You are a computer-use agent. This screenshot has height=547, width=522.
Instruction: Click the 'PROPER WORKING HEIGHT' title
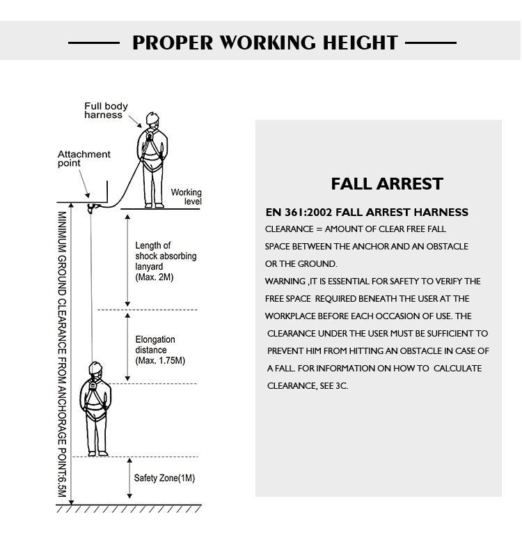(265, 43)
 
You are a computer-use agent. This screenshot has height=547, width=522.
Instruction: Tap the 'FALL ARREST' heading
(387, 184)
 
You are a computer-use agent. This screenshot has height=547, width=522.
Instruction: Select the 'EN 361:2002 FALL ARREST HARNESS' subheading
(367, 212)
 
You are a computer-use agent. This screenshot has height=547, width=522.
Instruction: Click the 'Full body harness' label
(106, 111)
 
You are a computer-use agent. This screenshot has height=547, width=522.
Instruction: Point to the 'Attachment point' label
(84, 159)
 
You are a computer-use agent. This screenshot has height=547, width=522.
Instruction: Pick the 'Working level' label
(187, 197)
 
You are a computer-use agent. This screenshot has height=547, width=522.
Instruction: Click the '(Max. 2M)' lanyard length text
(155, 277)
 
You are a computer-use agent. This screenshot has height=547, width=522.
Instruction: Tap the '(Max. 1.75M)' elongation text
(160, 360)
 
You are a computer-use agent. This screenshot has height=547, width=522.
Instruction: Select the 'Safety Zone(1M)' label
(164, 478)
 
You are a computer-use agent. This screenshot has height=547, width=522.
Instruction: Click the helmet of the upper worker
(152, 118)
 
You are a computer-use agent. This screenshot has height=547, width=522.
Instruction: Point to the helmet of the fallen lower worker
(95, 368)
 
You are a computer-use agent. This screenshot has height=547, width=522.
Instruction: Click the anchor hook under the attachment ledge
(92, 208)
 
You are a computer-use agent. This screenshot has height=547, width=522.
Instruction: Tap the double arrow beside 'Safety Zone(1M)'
(129, 478)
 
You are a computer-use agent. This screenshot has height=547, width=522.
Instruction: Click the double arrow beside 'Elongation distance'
(127, 347)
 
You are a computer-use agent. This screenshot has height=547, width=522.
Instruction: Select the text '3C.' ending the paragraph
(342, 386)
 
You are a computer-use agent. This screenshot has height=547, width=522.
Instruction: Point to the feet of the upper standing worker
(154, 206)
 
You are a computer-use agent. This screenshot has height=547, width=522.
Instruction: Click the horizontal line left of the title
(94, 43)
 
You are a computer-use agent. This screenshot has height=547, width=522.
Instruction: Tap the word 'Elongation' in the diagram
(155, 340)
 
